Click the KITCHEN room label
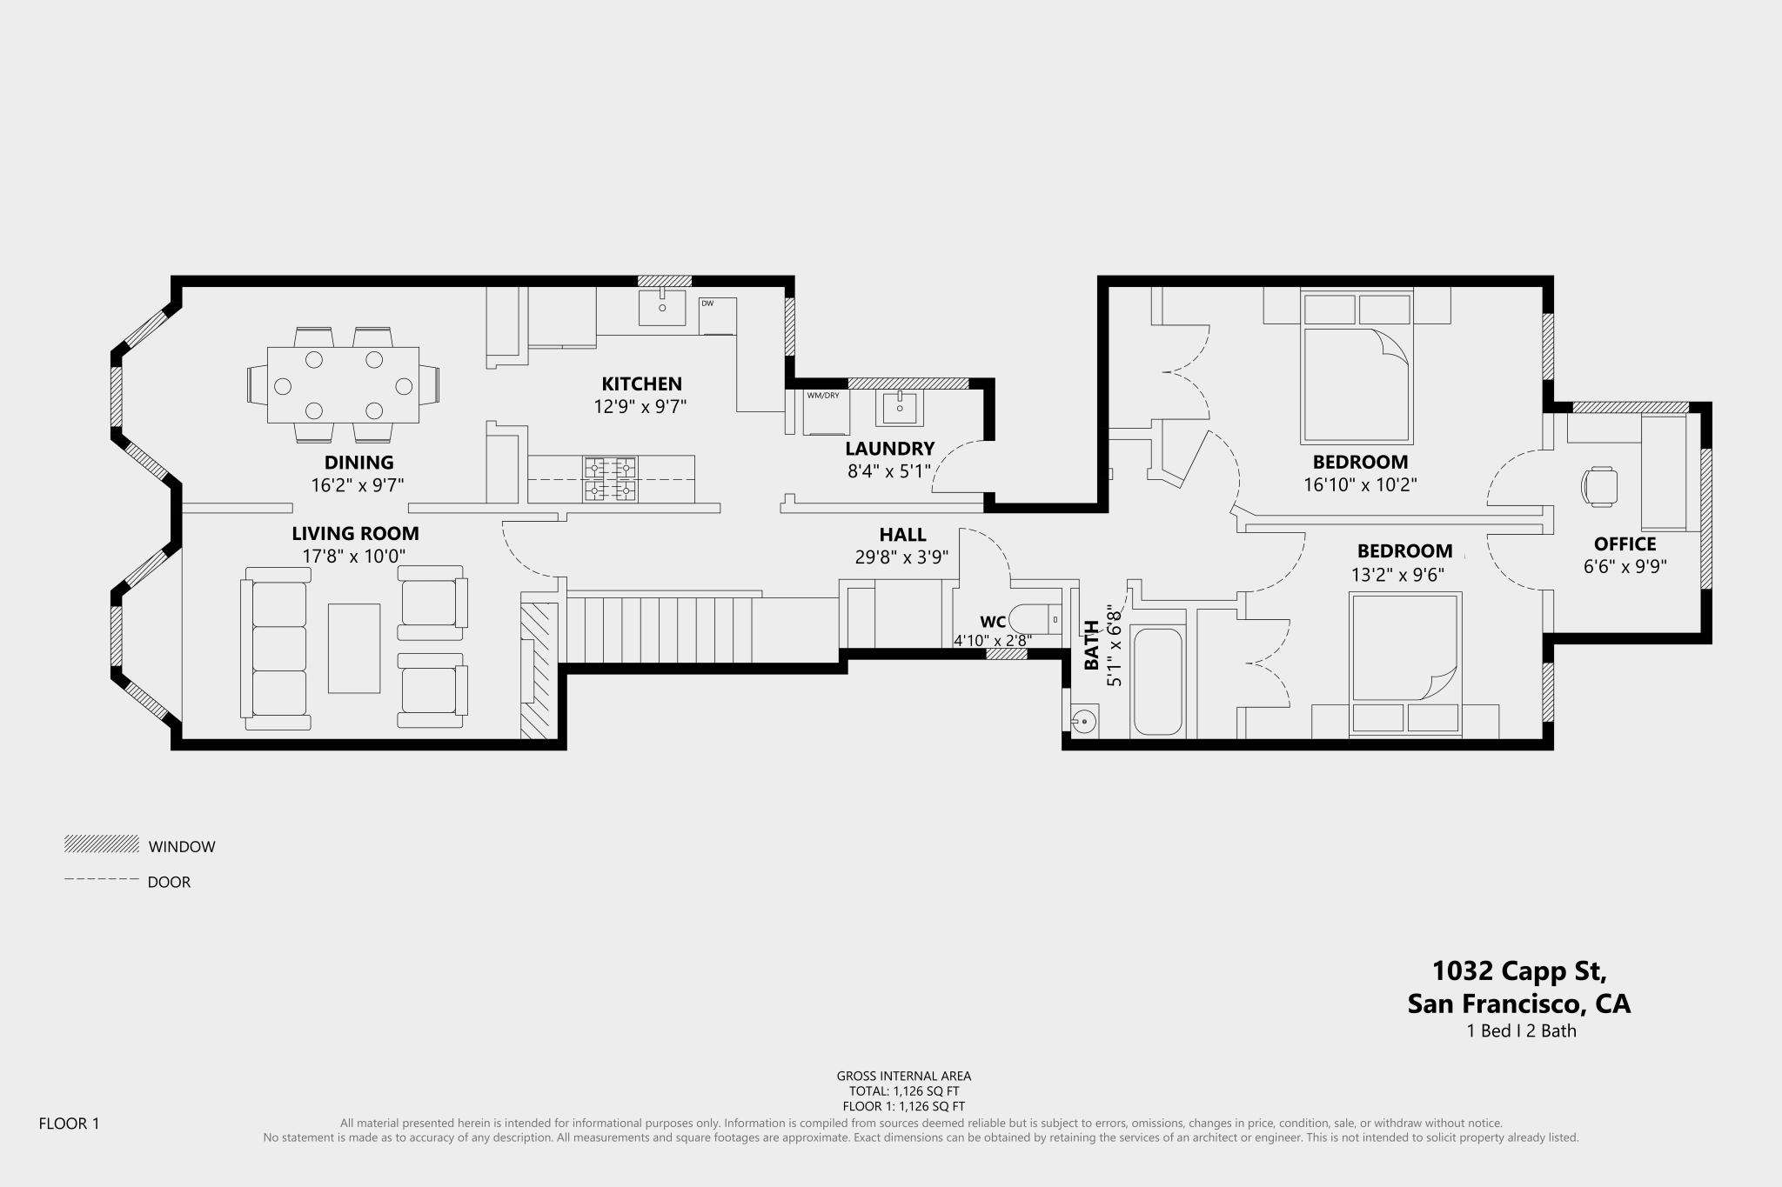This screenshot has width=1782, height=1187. [641, 383]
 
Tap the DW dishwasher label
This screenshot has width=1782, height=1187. [707, 303]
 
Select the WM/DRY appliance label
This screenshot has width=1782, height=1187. [823, 396]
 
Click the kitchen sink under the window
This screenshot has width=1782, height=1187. [662, 308]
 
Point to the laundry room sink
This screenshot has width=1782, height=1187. [899, 407]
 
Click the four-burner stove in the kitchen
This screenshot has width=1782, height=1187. [610, 479]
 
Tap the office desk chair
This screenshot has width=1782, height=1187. [1599, 486]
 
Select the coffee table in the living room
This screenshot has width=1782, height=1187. [354, 648]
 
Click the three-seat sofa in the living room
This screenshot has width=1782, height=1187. [275, 648]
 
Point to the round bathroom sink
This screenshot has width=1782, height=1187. [1084, 721]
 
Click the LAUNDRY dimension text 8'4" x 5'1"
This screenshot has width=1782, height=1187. [889, 471]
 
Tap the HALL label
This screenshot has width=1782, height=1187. [902, 535]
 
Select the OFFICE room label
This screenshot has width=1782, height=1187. [1625, 544]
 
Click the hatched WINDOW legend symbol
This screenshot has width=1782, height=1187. [102, 844]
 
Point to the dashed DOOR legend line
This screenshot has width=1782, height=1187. [102, 880]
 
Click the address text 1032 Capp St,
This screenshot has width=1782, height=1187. [1519, 971]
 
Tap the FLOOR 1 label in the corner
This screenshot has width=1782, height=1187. [70, 1124]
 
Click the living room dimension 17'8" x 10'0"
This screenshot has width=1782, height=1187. [354, 556]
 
